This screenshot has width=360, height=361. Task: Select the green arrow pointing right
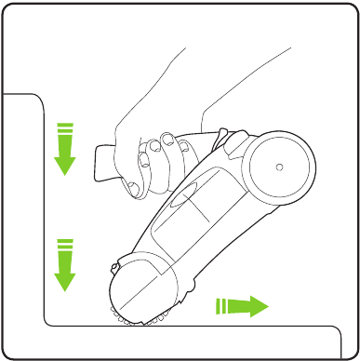pos(241,304)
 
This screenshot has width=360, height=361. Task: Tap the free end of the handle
pos(100,162)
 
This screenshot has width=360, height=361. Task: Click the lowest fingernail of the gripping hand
pos(133,189)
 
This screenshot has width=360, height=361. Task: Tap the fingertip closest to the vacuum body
pos(170,142)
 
